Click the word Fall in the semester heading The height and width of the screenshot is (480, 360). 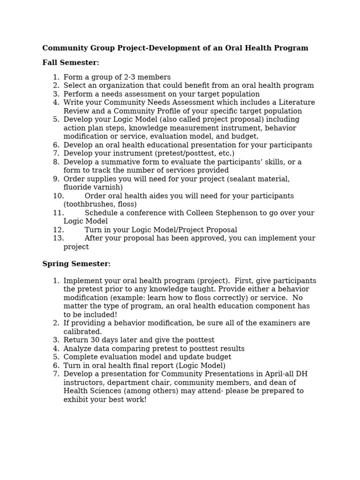(49, 63)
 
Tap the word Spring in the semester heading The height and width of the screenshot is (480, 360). (54, 264)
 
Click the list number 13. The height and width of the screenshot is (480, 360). (58, 238)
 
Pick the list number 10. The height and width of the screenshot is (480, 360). (58, 196)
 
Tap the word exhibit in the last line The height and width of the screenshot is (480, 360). (76, 399)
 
